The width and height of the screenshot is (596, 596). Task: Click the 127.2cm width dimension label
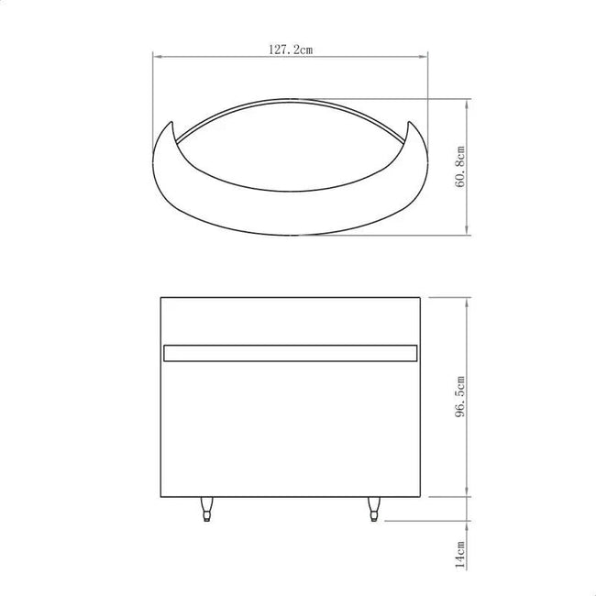tap(291, 50)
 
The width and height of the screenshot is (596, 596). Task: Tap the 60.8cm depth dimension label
tap(460, 167)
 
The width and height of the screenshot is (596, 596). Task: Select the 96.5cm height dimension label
tap(460, 396)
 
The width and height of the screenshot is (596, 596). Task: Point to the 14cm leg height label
tap(460, 555)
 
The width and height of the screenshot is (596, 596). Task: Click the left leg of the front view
tap(206, 509)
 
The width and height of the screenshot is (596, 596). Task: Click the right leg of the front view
tap(374, 509)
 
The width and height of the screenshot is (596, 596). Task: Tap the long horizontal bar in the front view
tap(291, 353)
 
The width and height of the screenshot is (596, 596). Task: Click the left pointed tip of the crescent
tap(171, 122)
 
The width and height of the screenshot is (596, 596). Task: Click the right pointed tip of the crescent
tap(409, 122)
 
